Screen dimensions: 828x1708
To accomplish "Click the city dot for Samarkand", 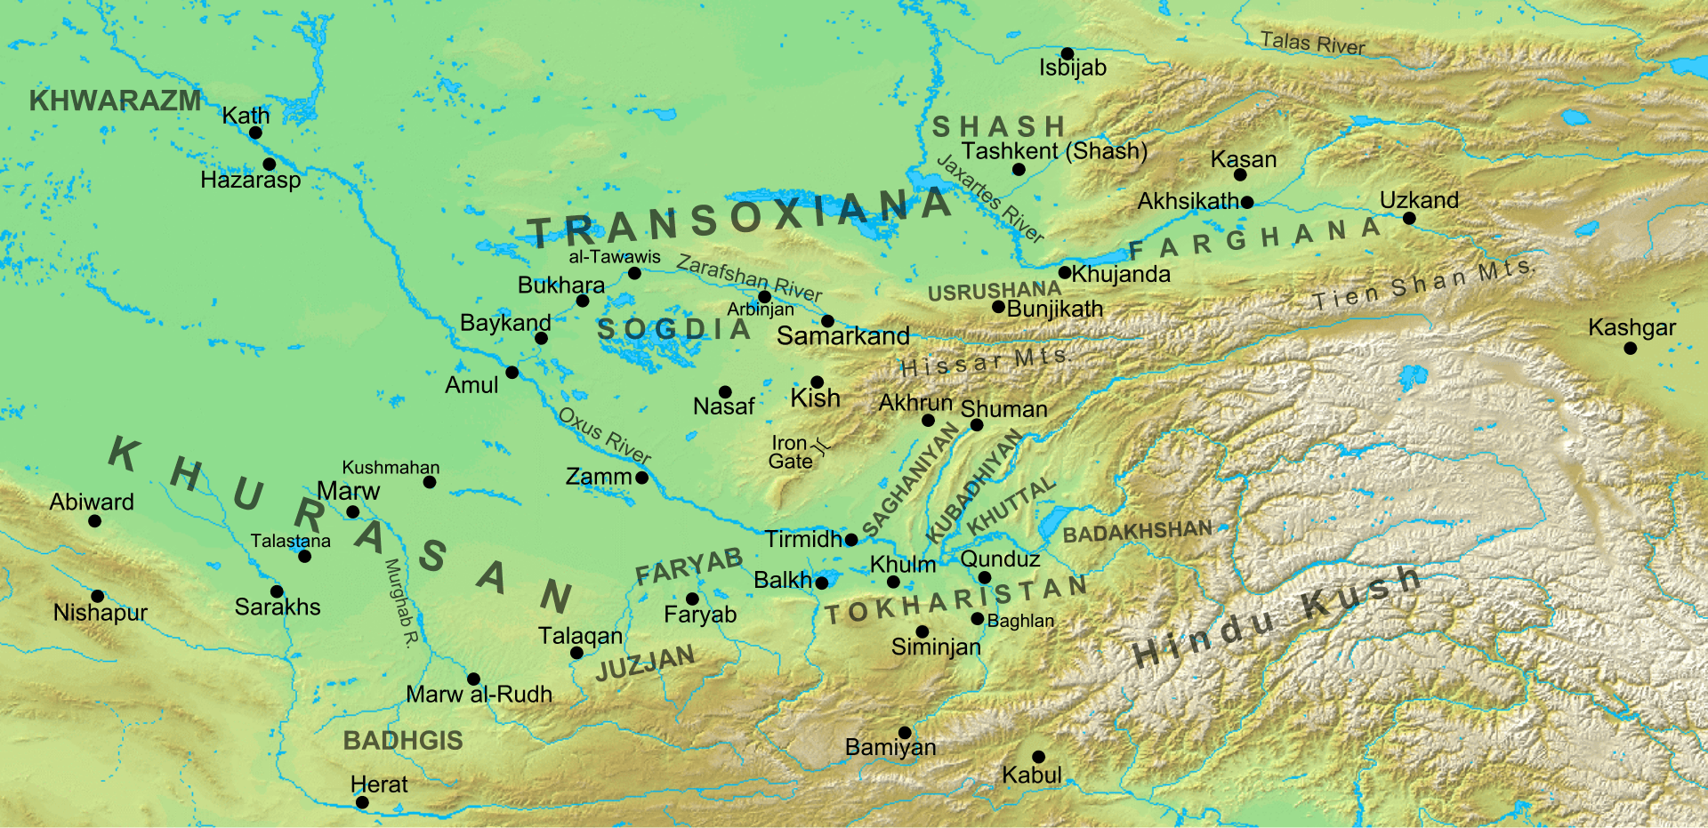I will coord(827,321).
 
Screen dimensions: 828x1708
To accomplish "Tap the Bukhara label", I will coord(561,285).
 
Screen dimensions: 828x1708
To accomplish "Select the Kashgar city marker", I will coord(1630,349).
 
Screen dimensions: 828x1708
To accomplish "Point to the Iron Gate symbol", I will coord(823,446).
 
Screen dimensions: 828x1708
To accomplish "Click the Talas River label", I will coord(1312,43).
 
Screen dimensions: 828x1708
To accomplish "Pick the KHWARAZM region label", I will coord(116,100).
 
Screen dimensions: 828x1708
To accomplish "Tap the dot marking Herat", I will coord(362,802).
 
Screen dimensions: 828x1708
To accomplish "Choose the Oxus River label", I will coord(605,435).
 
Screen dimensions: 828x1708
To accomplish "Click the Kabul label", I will coord(1032,775).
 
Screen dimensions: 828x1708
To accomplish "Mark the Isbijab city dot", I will coord(1067,54).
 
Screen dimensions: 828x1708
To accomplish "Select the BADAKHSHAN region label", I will coord(1137,532).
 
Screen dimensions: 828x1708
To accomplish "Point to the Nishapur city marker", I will coord(98,596).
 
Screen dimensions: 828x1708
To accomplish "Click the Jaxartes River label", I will coord(989,197).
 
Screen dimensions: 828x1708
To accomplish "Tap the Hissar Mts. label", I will coord(986,362).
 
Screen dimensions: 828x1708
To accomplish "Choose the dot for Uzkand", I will coord(1409,218).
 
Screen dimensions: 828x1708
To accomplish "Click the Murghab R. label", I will coord(401,603).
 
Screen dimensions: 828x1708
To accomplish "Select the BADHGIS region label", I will coord(403,740).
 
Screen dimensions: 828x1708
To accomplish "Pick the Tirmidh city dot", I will coord(851,540).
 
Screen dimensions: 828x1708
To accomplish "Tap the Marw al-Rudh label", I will coord(479,694).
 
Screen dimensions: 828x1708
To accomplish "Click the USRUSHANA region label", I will coord(994,291).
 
